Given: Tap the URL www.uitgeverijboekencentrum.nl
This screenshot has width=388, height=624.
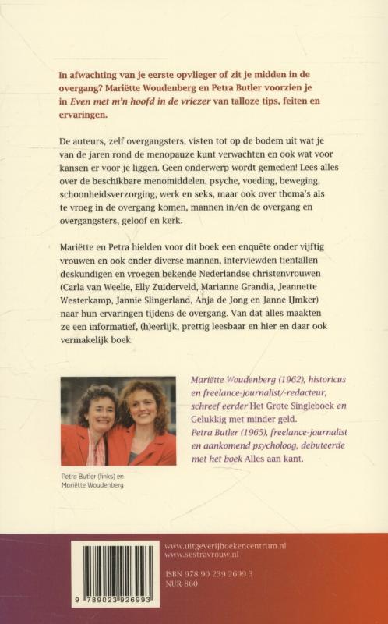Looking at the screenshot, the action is [225, 546].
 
